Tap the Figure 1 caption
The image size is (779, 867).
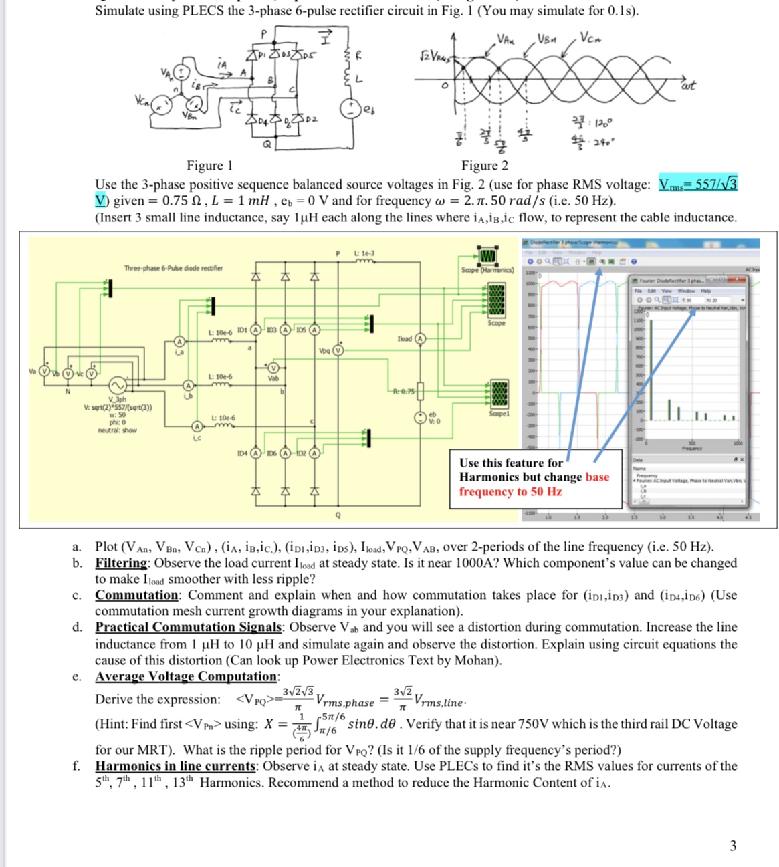click(x=209, y=166)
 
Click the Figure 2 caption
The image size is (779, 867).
click(x=484, y=166)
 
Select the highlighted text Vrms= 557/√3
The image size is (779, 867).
click(x=697, y=184)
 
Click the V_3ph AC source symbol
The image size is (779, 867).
click(x=118, y=386)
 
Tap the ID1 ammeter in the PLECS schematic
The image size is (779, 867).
click(x=255, y=330)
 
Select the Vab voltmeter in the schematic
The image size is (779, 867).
click(x=273, y=368)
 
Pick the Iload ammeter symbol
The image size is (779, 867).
click(x=421, y=338)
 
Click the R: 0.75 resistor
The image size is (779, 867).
click(x=420, y=392)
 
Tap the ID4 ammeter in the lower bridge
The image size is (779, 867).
click(x=255, y=453)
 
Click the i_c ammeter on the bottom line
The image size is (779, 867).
click(x=197, y=426)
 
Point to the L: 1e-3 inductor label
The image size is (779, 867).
click(x=365, y=254)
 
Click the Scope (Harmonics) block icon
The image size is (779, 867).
click(x=487, y=255)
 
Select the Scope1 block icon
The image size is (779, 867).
click(x=497, y=394)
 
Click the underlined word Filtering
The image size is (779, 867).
click(x=121, y=563)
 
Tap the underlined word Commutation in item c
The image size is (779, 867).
click(x=136, y=595)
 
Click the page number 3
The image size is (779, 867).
click(x=733, y=846)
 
